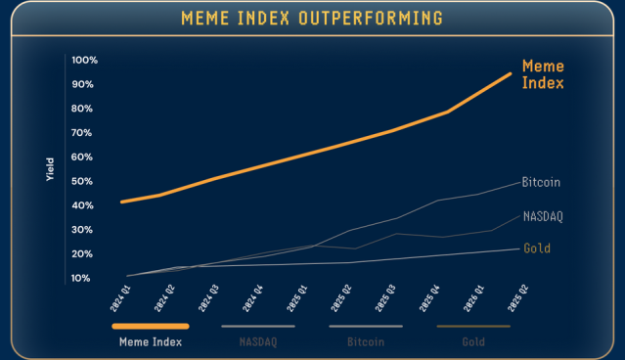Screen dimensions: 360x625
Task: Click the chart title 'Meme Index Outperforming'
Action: coord(312,19)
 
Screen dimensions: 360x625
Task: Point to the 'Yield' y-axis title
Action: coord(50,169)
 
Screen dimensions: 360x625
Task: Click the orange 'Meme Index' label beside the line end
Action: coord(543,74)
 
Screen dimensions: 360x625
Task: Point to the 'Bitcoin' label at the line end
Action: coord(541,183)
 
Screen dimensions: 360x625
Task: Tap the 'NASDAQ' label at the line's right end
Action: coord(543,216)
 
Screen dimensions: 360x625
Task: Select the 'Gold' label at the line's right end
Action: coord(537,248)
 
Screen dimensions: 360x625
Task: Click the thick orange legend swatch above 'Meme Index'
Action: coord(150,326)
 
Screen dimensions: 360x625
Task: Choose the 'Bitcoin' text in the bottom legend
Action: coord(366,343)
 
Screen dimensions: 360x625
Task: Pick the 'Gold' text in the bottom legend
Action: coord(473,343)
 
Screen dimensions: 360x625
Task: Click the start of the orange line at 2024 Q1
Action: coord(121,202)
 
